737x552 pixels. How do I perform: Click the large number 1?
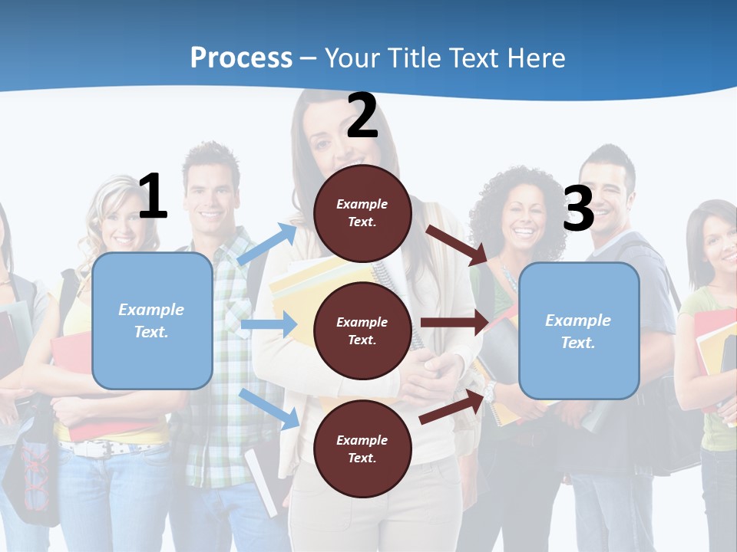coord(153,197)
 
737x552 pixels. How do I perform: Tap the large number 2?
coord(362,117)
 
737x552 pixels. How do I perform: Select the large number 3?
coord(578,209)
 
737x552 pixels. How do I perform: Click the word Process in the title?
coord(241,58)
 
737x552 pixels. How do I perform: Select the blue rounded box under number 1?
coord(152,320)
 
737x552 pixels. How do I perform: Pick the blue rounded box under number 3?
coord(579,331)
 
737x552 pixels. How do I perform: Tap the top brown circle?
coord(362,213)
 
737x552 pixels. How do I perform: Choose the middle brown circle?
coord(362,330)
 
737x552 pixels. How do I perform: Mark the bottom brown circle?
coord(362,449)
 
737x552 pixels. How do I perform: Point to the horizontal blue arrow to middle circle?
coord(269,325)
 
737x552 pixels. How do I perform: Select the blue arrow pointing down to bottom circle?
coord(269,409)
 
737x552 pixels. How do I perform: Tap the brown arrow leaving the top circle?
coord(458,245)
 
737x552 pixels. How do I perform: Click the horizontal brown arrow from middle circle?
coord(454,323)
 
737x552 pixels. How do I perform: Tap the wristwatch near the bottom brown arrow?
coord(489,394)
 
